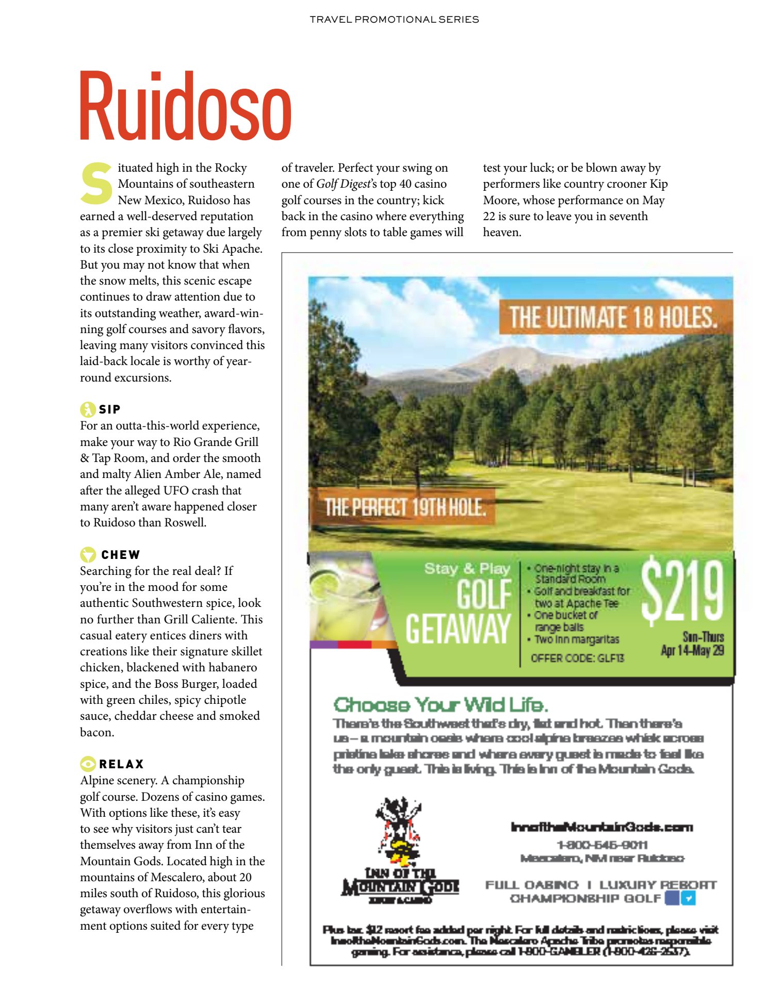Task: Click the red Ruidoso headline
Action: [x=186, y=107]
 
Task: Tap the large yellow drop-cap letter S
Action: [x=96, y=184]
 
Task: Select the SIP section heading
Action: [x=109, y=409]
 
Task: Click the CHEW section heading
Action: [x=120, y=555]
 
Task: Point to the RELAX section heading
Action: [x=121, y=764]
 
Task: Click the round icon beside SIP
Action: [x=88, y=409]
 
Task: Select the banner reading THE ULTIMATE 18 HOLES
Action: [x=614, y=317]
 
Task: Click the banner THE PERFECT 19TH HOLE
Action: [x=405, y=507]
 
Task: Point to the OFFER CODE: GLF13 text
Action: [x=577, y=658]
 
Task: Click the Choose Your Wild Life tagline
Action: [x=441, y=705]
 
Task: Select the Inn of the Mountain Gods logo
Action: [x=400, y=851]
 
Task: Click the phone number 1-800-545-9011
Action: [x=601, y=845]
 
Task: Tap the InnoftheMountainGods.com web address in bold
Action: [x=601, y=827]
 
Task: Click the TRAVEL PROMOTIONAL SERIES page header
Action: [x=394, y=20]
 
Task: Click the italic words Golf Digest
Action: [x=343, y=184]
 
